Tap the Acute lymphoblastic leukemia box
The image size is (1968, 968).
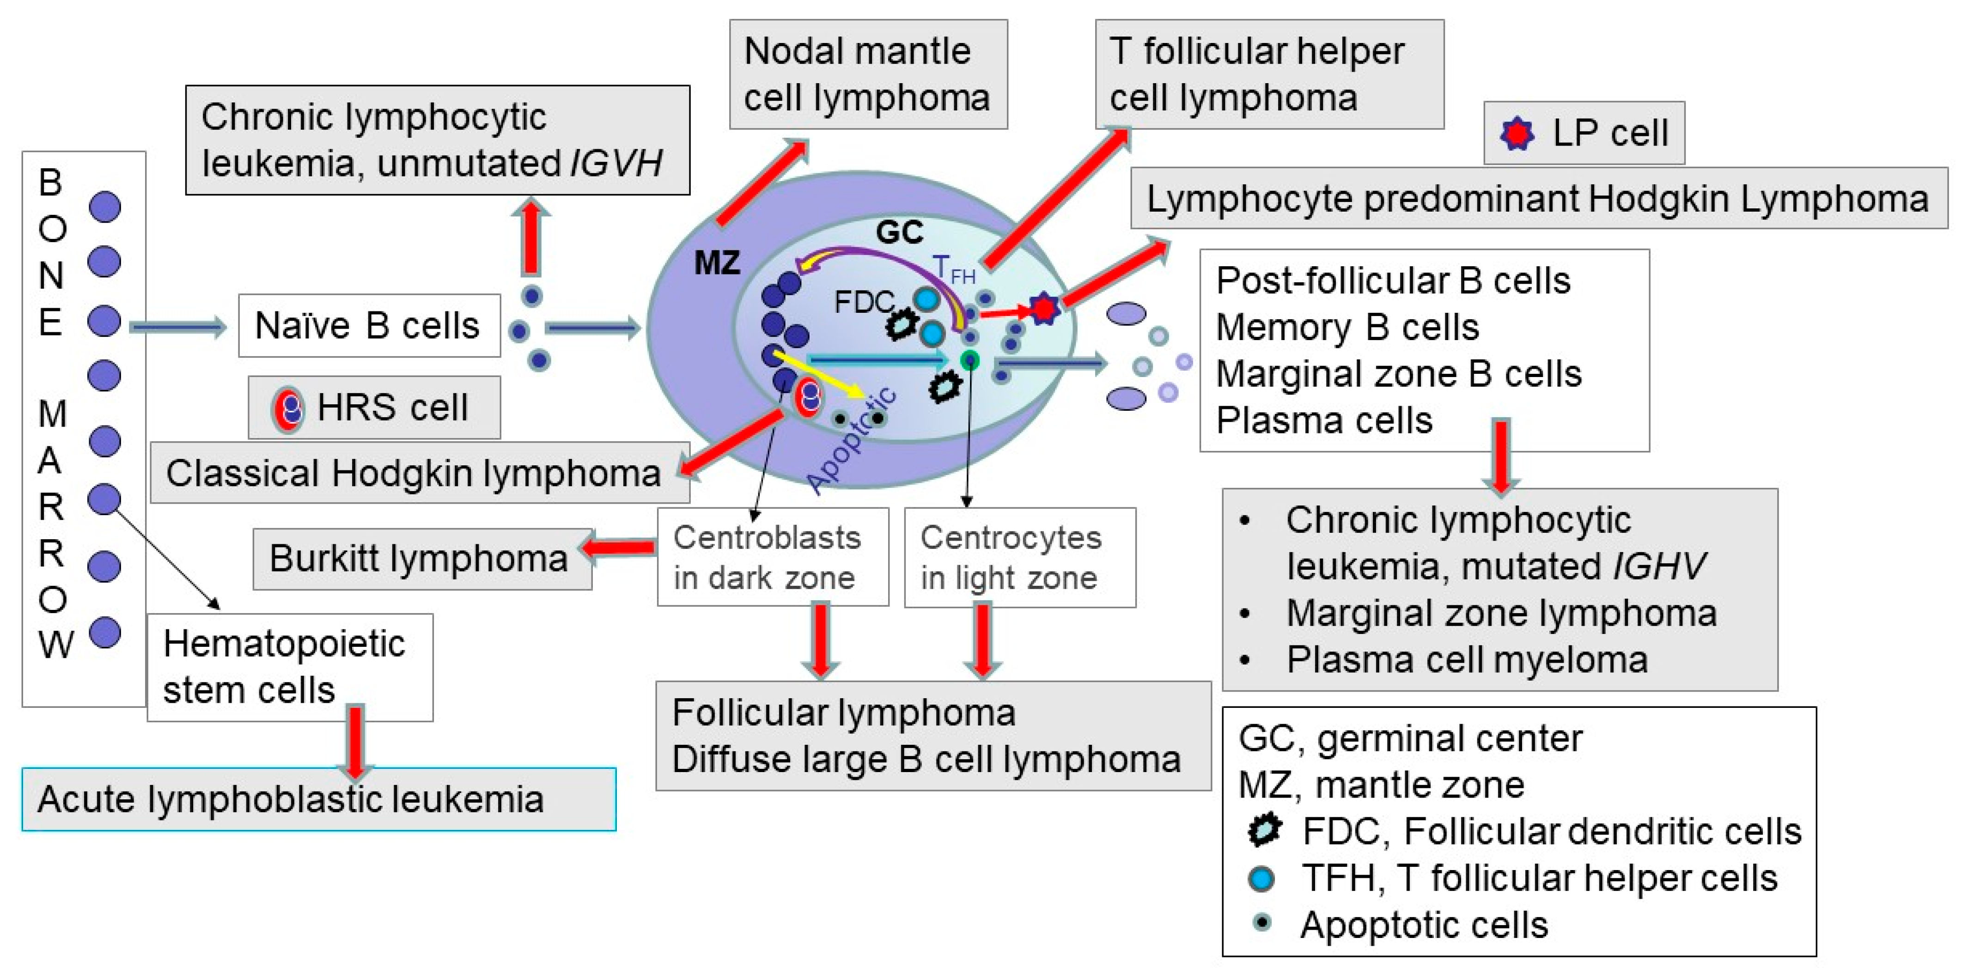tap(318, 799)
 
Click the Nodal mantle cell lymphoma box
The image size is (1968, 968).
tap(868, 74)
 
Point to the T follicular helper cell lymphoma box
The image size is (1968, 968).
tap(1268, 74)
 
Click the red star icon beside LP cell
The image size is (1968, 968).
tap(1517, 134)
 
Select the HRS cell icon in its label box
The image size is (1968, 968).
tap(287, 408)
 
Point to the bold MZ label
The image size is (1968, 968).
tap(717, 263)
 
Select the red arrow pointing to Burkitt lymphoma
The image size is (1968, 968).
tap(619, 547)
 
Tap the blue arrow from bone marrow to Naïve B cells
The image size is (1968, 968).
tap(177, 327)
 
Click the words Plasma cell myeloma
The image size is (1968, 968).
tap(1466, 660)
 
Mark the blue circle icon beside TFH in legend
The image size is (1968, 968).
tap(1261, 879)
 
